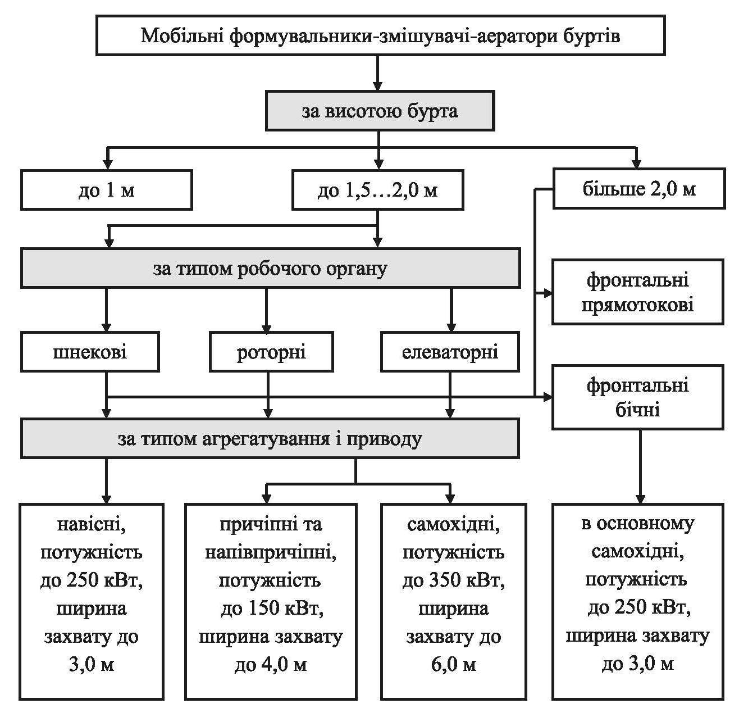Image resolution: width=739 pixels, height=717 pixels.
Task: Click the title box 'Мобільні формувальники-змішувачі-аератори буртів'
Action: point(380,36)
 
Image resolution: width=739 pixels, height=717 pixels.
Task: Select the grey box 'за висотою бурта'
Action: point(380,111)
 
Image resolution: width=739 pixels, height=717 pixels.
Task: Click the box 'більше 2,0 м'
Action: point(638,189)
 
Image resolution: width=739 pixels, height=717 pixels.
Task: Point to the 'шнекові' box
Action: point(90,352)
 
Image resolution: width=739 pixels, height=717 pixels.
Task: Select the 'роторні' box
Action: point(271,352)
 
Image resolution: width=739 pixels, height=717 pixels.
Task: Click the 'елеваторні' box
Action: point(450,352)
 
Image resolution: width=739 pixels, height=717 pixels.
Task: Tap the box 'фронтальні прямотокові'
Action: point(637,292)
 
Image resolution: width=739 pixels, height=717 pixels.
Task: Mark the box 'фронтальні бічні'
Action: point(637,397)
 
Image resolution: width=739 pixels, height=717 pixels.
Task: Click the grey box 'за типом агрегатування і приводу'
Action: point(270,438)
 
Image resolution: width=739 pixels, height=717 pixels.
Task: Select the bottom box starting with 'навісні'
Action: point(92,601)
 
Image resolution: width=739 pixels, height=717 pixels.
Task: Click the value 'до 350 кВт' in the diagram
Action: point(454,580)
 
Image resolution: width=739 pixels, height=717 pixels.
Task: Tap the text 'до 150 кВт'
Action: point(271,609)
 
